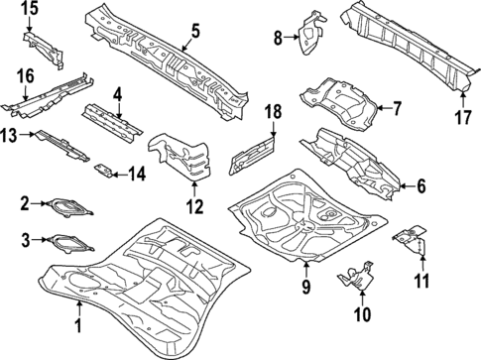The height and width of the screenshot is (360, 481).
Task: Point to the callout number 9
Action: pos(306,288)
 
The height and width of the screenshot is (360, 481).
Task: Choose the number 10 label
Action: pos(360,315)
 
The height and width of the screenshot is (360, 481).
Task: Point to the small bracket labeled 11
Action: pos(413,238)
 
